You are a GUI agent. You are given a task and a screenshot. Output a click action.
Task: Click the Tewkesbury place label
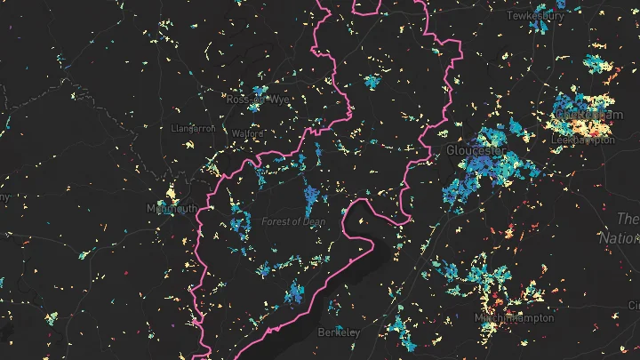[x=535, y=16]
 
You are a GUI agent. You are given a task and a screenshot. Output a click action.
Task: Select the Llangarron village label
[x=193, y=128]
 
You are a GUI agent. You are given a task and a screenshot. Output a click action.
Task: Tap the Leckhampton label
[x=582, y=140]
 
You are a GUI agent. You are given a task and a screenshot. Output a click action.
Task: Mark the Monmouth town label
[x=172, y=209]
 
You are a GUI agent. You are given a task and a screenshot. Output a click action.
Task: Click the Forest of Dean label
[x=293, y=221]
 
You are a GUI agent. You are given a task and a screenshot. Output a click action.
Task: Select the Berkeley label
[x=339, y=332]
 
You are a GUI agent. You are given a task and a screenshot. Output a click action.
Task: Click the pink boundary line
[x=317, y=36]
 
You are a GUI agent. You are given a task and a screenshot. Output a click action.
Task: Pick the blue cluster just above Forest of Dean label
[x=311, y=195]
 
